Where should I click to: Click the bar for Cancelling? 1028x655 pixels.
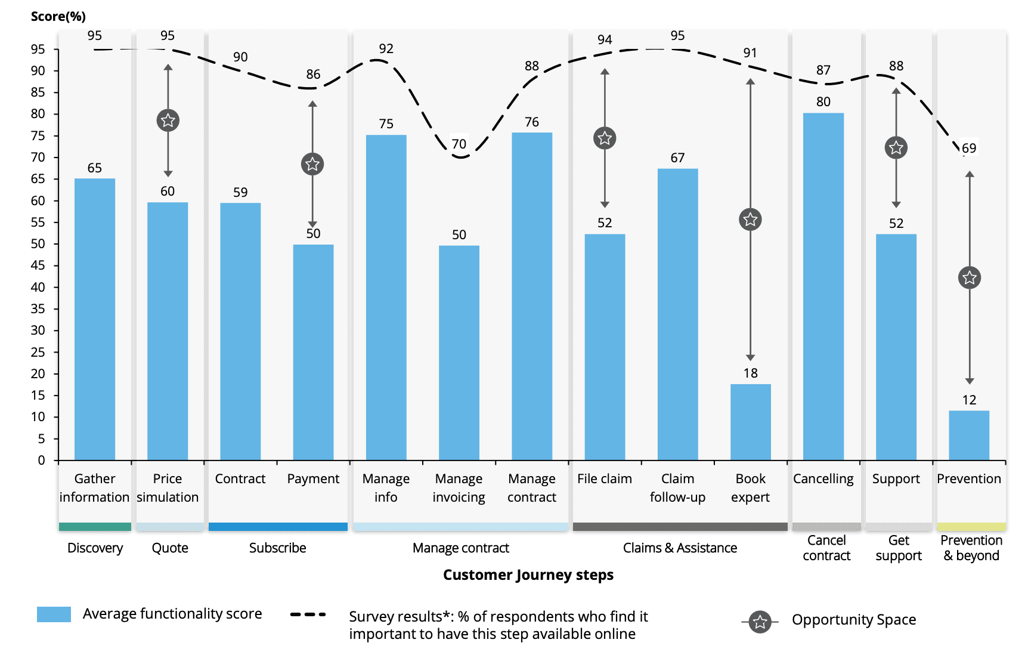click(x=823, y=286)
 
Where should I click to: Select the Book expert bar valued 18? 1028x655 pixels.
click(x=750, y=422)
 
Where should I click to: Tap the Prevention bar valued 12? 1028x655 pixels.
click(x=969, y=435)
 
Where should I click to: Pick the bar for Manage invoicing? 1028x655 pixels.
click(x=459, y=352)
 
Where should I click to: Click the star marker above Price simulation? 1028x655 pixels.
click(x=168, y=121)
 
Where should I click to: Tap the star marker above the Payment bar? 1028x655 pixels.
click(x=312, y=164)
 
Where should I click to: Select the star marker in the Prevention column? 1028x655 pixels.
click(x=970, y=277)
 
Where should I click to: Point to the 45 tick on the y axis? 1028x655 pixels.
click(x=38, y=265)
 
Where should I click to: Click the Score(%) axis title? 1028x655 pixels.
click(x=58, y=17)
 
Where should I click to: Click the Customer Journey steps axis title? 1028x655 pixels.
click(x=528, y=575)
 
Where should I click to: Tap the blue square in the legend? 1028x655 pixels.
click(x=54, y=614)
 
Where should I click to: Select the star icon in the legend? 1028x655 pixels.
click(x=760, y=622)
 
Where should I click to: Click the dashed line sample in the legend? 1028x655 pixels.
click(x=308, y=614)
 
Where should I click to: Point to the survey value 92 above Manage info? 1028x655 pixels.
click(x=386, y=49)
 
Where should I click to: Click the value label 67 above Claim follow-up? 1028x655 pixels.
click(x=677, y=158)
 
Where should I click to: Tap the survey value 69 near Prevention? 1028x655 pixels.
click(x=969, y=149)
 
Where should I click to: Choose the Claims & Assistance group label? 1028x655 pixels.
click(x=680, y=548)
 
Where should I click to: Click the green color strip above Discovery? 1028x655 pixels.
click(x=95, y=527)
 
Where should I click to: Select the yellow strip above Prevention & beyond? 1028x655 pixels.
click(x=971, y=527)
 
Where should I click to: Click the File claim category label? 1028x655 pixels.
click(x=604, y=479)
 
